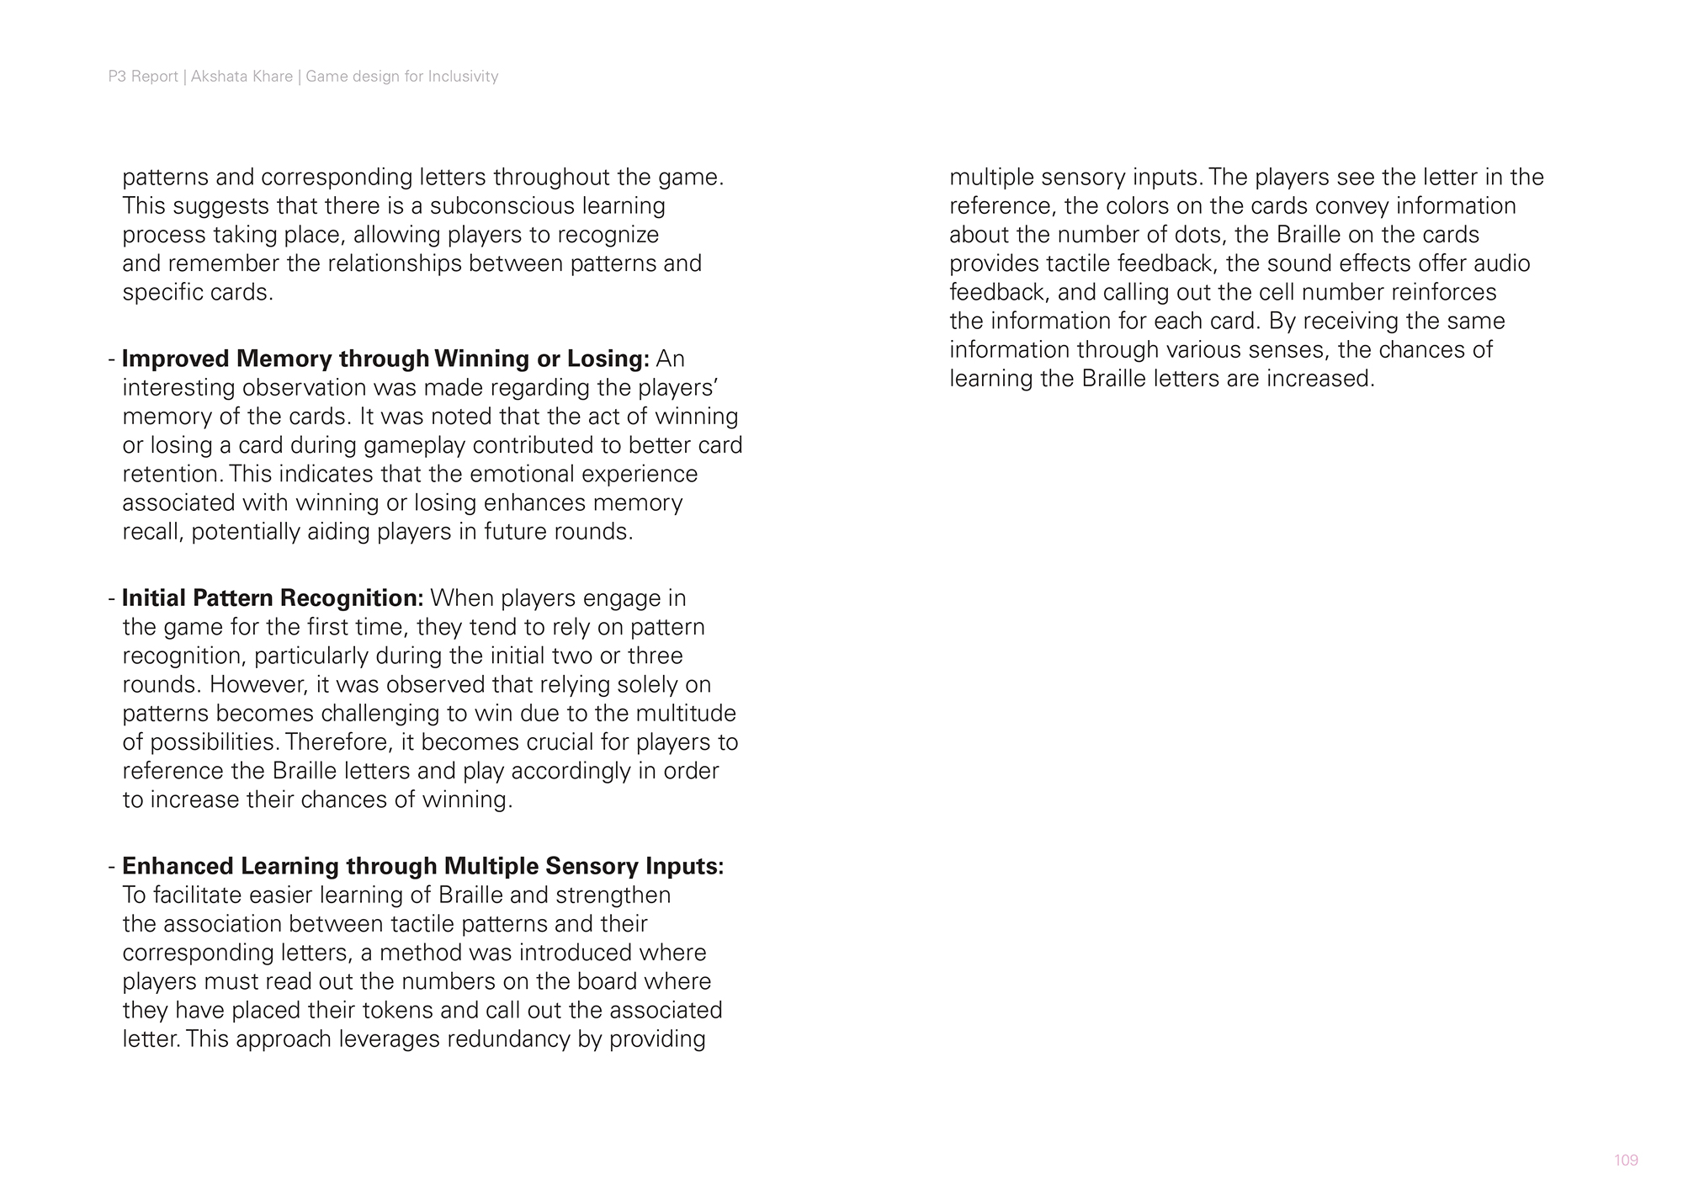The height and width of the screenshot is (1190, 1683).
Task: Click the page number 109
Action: pos(1626,1161)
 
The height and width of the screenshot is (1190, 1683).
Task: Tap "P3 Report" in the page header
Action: pos(143,77)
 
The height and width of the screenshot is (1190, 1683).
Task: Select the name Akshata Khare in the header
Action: pos(242,77)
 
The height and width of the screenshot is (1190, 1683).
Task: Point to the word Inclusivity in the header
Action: pos(463,77)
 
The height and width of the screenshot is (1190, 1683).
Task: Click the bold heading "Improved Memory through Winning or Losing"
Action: pos(385,359)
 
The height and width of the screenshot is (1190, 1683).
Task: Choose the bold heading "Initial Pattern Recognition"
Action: pos(273,598)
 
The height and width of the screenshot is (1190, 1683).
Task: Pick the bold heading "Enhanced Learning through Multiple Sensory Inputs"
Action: pos(422,866)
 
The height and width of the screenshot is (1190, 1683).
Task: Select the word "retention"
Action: pos(171,474)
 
